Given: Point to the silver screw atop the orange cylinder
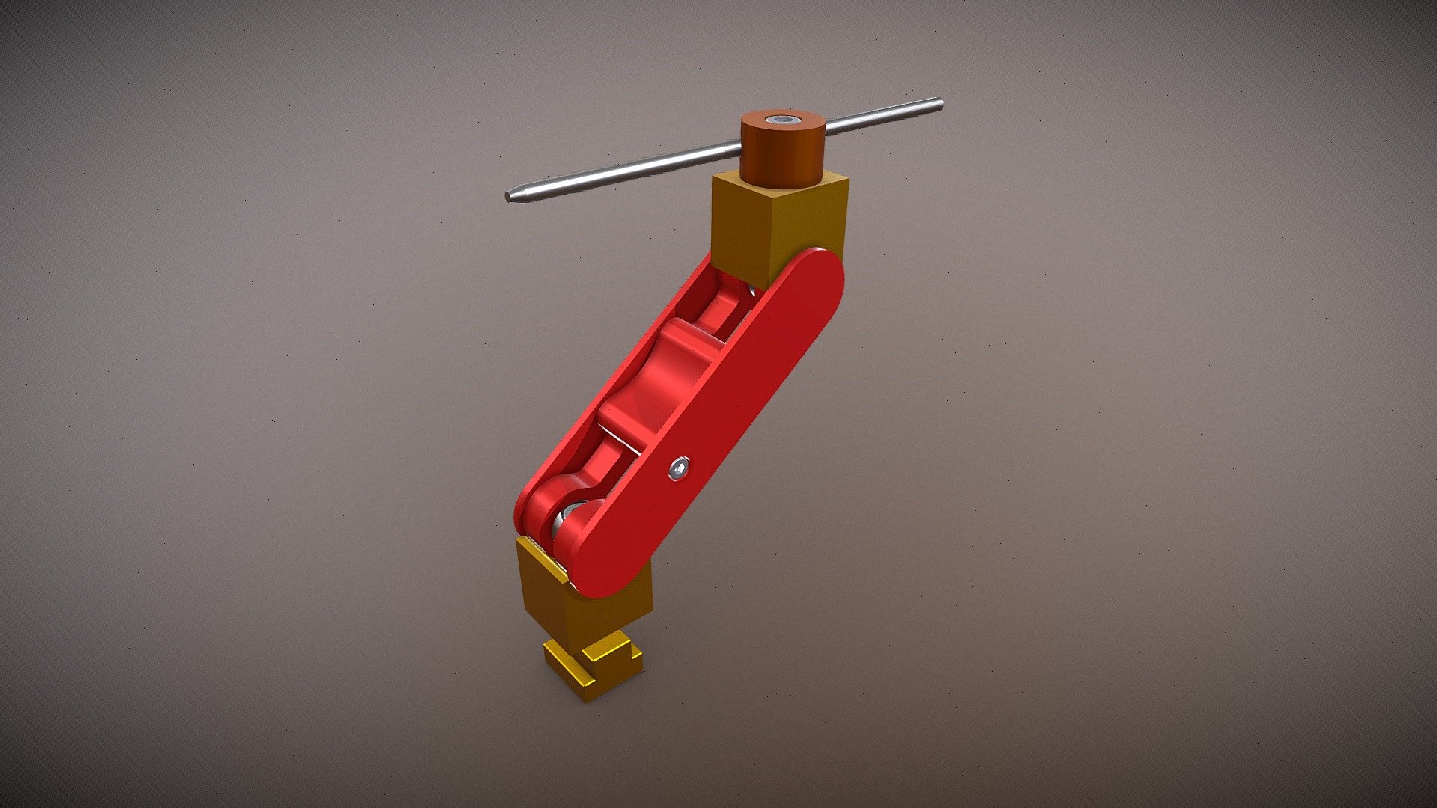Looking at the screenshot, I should click(x=782, y=120).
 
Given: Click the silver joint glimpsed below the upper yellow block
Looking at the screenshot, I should click(x=748, y=288).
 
